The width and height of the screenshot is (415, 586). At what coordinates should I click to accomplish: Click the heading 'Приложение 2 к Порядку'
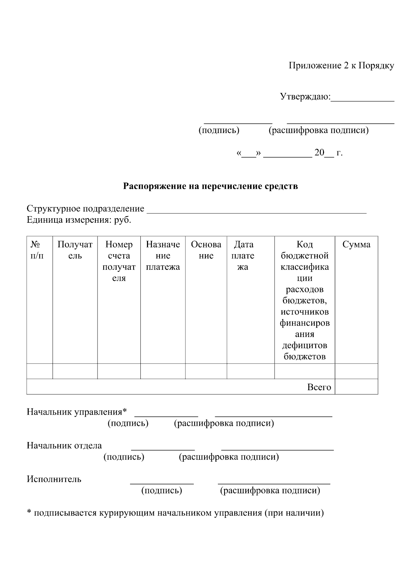point(341,66)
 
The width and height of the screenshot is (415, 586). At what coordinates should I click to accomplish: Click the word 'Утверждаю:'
point(305,96)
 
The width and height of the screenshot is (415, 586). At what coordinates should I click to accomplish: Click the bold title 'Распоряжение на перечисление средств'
point(211,186)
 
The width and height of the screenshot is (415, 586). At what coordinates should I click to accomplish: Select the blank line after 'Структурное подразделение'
point(256,211)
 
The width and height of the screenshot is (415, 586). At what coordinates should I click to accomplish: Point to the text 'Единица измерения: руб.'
point(79,220)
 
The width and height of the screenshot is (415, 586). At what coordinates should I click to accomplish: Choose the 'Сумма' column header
point(356,244)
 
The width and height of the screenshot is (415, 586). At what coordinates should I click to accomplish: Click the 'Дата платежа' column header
point(243,256)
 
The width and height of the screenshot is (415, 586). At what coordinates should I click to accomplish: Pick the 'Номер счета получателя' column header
point(119,261)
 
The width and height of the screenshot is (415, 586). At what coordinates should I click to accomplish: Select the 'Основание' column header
point(206,250)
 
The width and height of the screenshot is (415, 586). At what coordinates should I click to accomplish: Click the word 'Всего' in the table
point(319,387)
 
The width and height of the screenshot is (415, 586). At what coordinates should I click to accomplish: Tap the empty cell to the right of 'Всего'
point(356,386)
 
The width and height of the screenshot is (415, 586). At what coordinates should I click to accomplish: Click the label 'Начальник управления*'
point(77,412)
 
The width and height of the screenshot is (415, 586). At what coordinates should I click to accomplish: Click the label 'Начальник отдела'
point(64,445)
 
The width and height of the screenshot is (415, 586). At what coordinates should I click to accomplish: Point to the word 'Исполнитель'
point(54,479)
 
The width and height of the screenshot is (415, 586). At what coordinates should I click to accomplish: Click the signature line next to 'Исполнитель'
point(162,482)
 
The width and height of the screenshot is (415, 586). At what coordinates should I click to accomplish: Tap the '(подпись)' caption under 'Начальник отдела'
point(123,457)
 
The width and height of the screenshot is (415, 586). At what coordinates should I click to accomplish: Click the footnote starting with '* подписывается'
point(175,513)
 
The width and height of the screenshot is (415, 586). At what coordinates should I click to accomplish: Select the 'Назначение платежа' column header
point(163,256)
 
